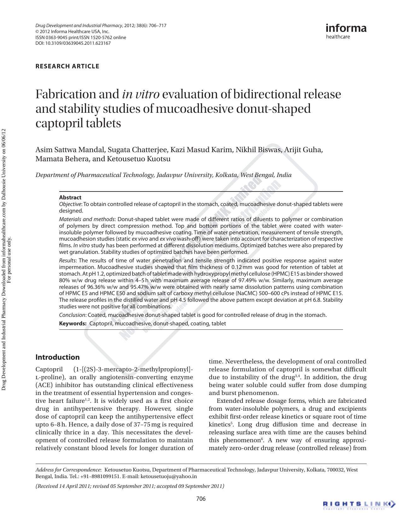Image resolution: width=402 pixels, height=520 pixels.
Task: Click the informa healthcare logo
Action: (346, 31)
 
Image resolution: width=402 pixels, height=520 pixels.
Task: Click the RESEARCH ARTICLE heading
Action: (67, 66)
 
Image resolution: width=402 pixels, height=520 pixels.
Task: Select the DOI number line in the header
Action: (73, 43)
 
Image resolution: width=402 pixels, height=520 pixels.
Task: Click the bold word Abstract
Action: (70, 197)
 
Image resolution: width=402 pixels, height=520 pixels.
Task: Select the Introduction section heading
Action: (57, 357)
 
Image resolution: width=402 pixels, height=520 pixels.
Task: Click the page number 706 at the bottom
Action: (201, 498)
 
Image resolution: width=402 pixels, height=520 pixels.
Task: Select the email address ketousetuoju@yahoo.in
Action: (168, 477)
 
